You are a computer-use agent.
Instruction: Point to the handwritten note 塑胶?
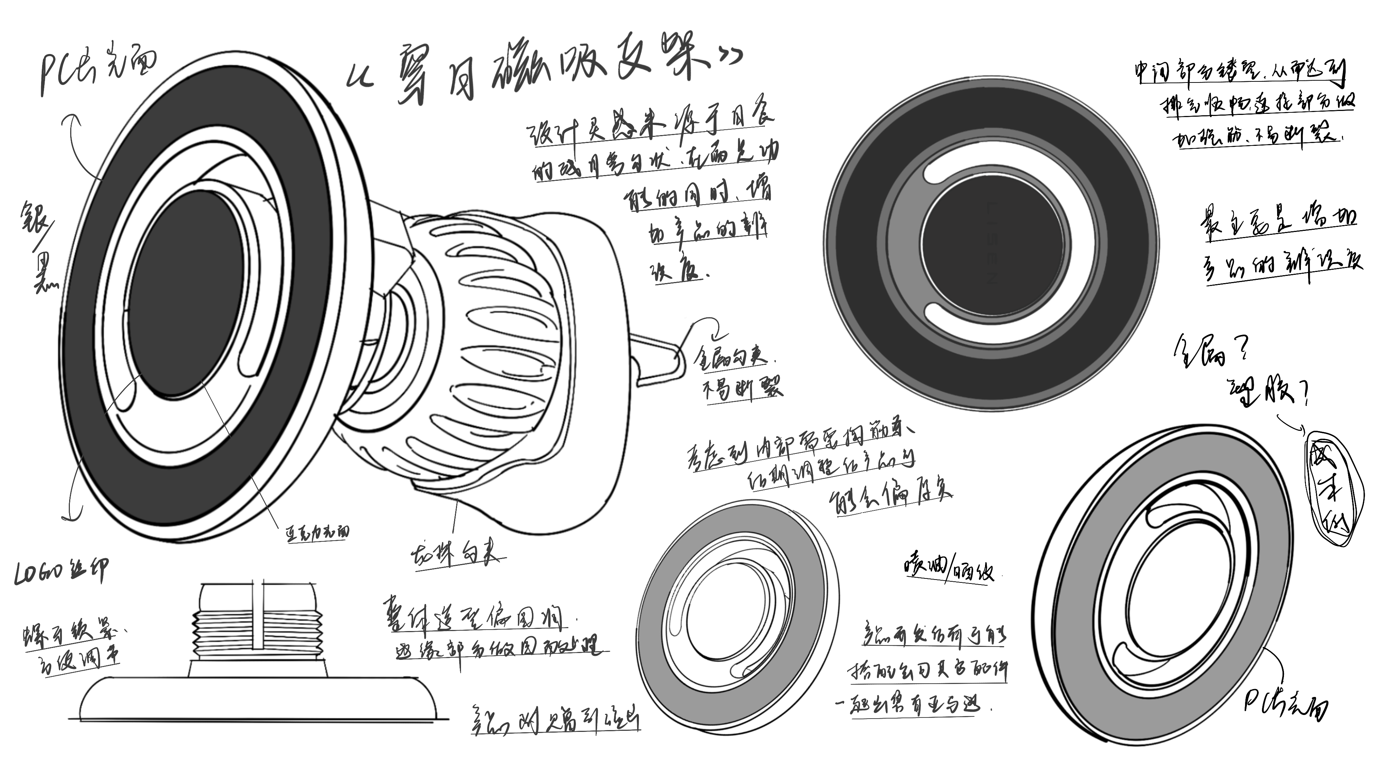1269,392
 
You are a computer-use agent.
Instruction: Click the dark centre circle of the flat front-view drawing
992,242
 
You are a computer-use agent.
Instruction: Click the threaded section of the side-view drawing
258,634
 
